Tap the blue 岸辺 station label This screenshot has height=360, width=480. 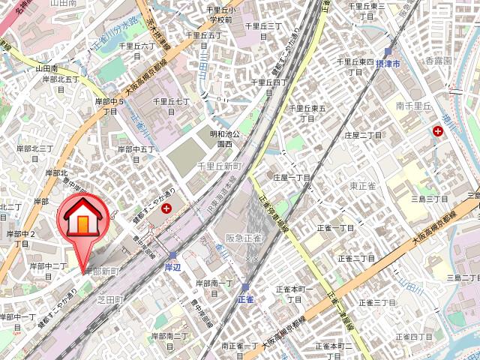click(173, 266)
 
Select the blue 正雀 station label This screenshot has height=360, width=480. click(246, 298)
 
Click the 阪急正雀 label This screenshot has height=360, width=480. click(243, 238)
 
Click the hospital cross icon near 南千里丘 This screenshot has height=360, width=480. click(437, 132)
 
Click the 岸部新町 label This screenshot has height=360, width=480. click(102, 270)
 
